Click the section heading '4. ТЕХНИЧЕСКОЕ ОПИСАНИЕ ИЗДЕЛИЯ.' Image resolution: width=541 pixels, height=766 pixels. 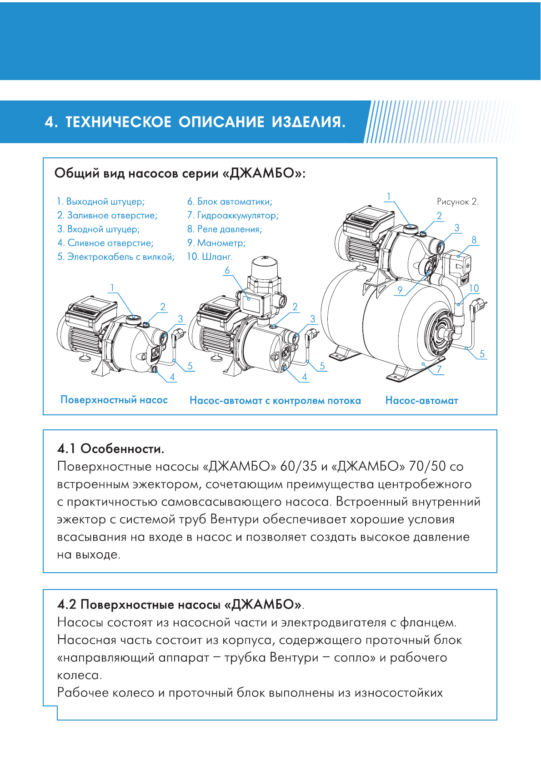tap(195, 122)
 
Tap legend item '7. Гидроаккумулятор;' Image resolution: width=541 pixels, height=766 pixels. tap(232, 215)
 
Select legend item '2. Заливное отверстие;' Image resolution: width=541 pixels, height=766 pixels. tap(107, 215)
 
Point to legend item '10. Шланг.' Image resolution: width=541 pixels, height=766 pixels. tap(210, 257)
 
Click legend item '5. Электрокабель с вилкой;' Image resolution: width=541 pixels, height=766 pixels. tap(115, 257)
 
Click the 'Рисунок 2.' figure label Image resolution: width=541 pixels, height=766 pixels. tap(457, 202)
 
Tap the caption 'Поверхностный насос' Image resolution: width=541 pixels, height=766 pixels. tap(114, 400)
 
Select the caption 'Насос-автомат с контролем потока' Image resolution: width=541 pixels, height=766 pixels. tap(275, 401)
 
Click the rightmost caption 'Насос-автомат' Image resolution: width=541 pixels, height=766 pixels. tap(421, 401)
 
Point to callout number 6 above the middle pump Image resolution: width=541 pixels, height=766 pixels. tap(227, 270)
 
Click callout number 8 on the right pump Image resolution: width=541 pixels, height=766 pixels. tap(474, 240)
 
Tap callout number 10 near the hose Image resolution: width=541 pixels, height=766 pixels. tap(474, 288)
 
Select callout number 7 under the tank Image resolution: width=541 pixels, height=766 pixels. tap(439, 369)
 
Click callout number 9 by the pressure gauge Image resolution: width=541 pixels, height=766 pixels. tap(400, 290)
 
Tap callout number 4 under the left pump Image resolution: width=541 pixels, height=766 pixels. tap(172, 377)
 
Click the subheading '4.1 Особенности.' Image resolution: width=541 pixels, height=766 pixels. tap(110, 449)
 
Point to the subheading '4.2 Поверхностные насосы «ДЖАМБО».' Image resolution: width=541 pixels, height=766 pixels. tap(180, 605)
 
